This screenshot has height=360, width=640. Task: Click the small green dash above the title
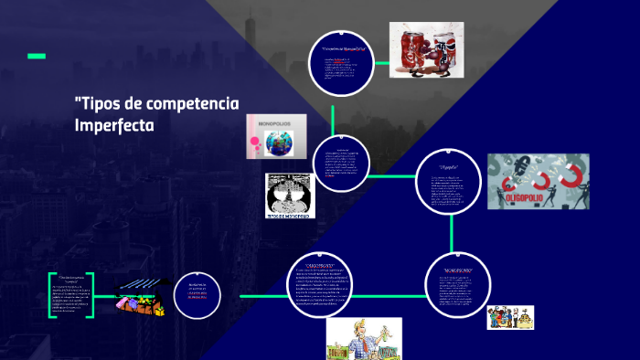pos(37,56)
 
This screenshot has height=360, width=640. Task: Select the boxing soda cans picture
pos(426,48)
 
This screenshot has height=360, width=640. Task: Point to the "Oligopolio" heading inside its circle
pos(447,168)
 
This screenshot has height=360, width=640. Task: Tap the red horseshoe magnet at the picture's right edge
pos(575,176)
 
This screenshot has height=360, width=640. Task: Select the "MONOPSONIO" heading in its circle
pos(458,271)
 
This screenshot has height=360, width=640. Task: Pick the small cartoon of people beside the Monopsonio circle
pos(510,316)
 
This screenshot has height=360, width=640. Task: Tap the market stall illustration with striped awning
pos(143,298)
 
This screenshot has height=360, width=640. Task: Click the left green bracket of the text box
pos(52,295)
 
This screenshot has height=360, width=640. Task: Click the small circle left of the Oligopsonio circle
pos(198,296)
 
